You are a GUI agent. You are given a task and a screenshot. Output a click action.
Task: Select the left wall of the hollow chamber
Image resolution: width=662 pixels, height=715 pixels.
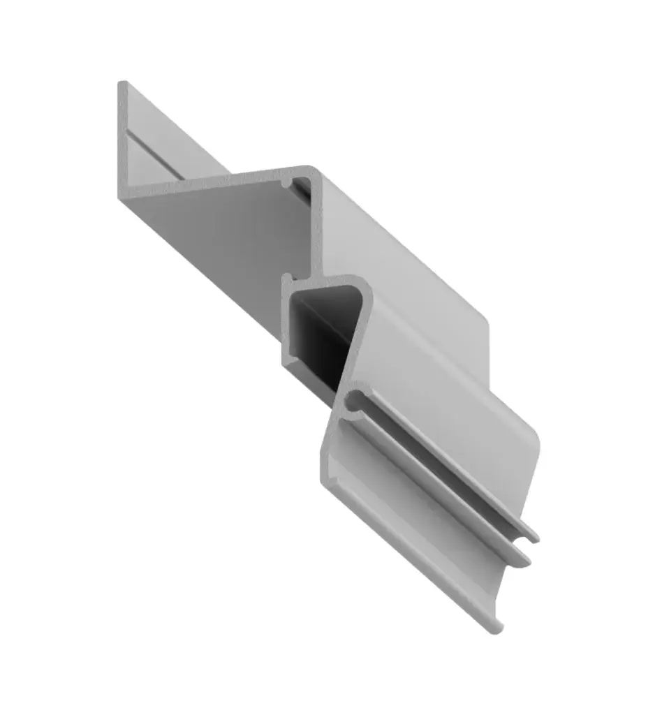click(286, 321)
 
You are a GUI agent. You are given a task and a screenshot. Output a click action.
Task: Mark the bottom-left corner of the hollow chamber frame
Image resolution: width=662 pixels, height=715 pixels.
click(286, 361)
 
